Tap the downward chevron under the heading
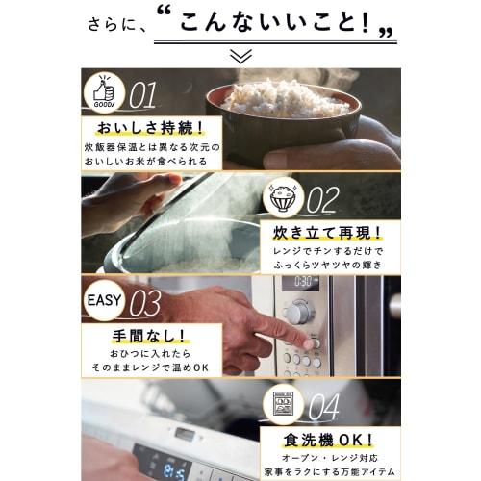[x=240, y=56]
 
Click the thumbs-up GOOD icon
[x=102, y=93]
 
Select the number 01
[x=142, y=94]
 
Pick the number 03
[x=145, y=303]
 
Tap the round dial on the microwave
[x=300, y=313]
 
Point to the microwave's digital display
[x=303, y=283]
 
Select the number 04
[x=324, y=406]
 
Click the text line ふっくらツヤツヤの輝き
[x=327, y=266]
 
